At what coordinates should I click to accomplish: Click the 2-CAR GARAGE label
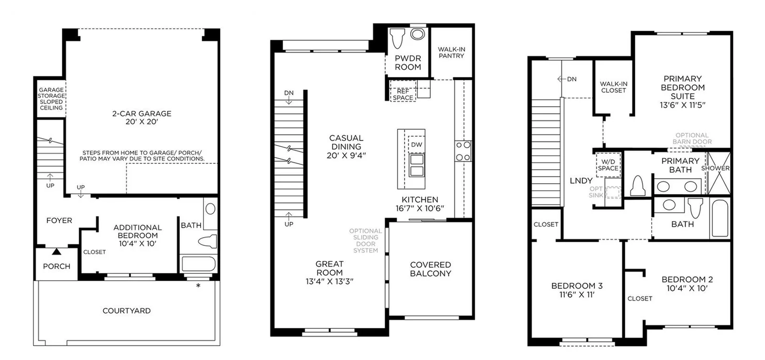point(142,113)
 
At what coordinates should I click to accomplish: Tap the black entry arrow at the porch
point(57,252)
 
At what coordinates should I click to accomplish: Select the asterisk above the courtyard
point(198,285)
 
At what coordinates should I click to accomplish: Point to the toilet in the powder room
point(397,38)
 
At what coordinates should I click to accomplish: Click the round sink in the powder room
point(417,34)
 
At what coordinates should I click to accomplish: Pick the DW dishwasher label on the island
point(416,144)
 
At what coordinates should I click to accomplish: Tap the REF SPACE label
point(403,94)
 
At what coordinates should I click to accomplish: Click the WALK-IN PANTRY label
point(451,53)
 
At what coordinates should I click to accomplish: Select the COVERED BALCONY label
point(431,269)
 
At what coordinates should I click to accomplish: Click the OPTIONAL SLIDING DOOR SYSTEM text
point(365,240)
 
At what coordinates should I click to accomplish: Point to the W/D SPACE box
point(608,165)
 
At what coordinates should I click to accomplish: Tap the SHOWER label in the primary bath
point(715,168)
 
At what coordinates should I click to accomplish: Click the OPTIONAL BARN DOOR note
point(692,138)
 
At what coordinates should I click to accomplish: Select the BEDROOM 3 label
point(577,285)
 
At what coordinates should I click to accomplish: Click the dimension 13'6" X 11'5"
point(682,105)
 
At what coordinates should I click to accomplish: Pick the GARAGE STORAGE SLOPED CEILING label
point(51,98)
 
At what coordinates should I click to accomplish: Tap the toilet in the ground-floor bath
point(208,241)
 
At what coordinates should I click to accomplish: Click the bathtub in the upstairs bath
point(720,218)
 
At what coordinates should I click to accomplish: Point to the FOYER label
point(59,221)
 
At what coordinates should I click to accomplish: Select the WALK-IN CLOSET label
point(614,87)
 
